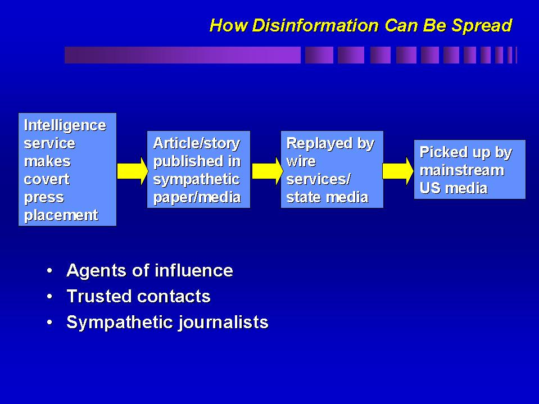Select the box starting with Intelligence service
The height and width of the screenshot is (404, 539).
click(67, 169)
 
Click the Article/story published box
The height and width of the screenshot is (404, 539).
click(198, 169)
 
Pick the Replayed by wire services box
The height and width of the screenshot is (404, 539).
click(332, 169)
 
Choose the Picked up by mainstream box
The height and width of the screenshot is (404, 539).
click(469, 169)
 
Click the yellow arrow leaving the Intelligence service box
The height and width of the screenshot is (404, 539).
click(132, 170)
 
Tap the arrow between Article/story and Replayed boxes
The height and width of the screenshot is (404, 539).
click(265, 170)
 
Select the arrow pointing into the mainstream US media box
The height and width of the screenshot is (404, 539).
click(398, 170)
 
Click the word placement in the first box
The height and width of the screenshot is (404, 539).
click(61, 215)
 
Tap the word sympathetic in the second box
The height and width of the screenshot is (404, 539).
click(196, 179)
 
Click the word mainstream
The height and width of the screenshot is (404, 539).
click(461, 170)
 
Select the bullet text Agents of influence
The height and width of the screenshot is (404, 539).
click(150, 270)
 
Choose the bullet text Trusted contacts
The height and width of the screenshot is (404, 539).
click(138, 296)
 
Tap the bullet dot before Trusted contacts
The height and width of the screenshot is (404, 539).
click(51, 297)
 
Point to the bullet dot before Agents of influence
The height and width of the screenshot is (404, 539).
click(51, 271)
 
